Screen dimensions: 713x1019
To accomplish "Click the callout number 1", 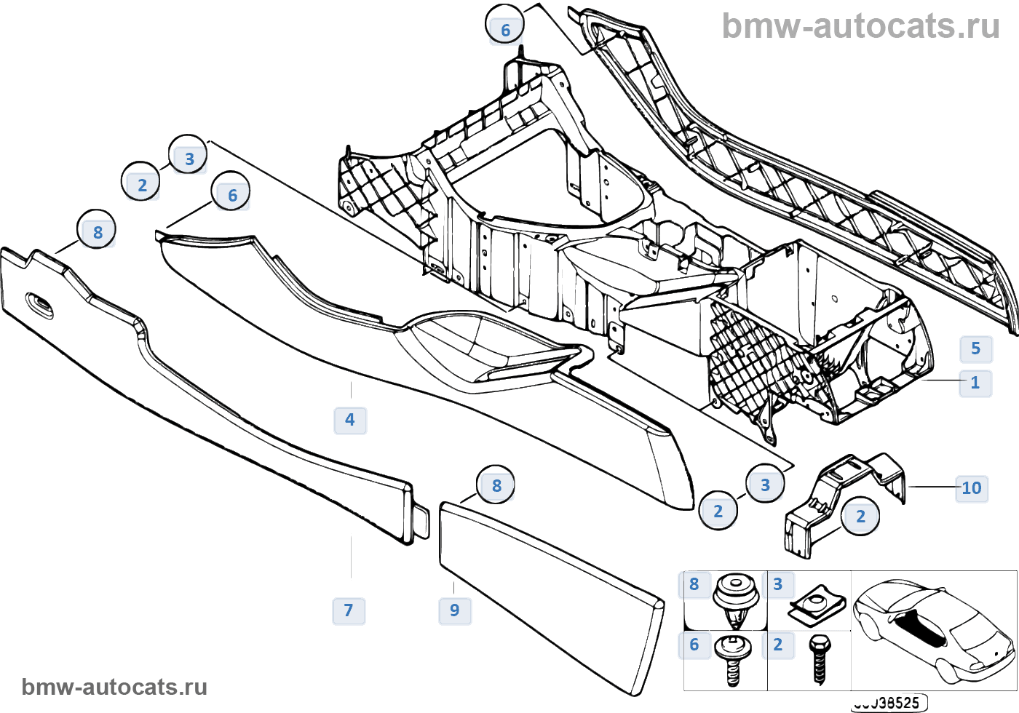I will coord(975,383).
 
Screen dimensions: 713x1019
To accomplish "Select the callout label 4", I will coord(350,420).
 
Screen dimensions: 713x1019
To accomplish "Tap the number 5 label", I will coord(975,348).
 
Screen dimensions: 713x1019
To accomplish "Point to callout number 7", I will coord(349,610).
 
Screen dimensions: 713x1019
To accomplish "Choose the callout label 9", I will coord(455,610).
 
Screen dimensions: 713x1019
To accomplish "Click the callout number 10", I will coord(972,488).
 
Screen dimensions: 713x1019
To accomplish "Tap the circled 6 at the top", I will coord(505,29).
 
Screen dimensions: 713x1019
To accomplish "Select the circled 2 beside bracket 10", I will coord(860,517).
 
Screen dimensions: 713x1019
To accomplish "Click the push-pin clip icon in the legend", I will coord(735,599).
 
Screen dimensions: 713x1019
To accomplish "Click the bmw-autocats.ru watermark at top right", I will coord(860,26).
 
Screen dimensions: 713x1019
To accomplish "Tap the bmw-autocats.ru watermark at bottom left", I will coord(114,687).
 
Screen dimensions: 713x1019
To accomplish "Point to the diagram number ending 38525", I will coord(889,703).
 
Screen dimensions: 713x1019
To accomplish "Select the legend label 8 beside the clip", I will coord(694,584).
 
